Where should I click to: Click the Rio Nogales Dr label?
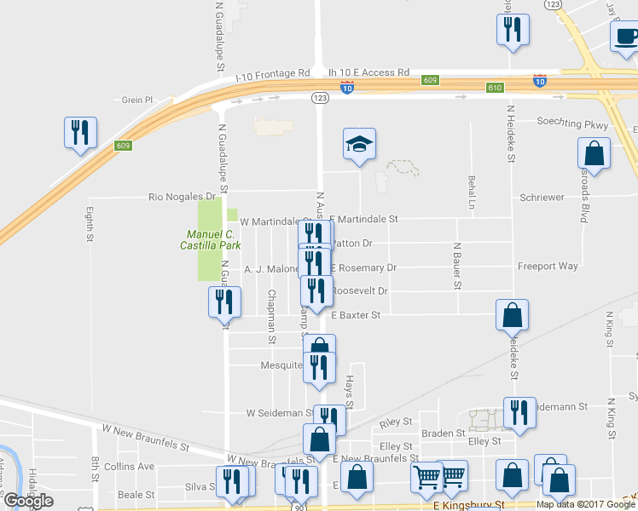(x=179, y=197)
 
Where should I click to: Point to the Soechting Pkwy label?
(x=572, y=122)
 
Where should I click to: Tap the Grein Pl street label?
(x=136, y=100)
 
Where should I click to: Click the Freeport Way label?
(x=548, y=267)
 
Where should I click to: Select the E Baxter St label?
(x=355, y=315)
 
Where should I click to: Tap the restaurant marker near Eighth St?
(x=80, y=133)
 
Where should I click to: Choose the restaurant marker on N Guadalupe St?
(x=224, y=301)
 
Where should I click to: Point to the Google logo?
(x=28, y=501)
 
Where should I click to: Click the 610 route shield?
(x=496, y=88)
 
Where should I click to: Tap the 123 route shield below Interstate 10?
(x=320, y=99)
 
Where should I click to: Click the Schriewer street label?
(x=542, y=198)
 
